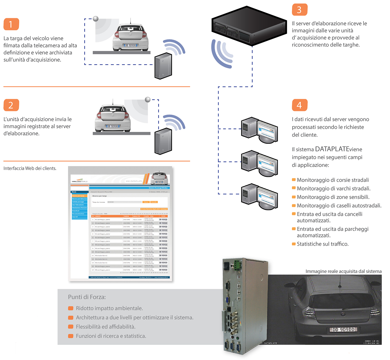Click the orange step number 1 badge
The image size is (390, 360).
(11, 24)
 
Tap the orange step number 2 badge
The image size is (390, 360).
(11, 105)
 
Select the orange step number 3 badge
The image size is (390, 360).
(300, 10)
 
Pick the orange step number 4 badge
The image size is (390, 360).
(300, 105)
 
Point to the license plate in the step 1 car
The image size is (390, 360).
(131, 45)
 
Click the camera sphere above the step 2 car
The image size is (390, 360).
(148, 100)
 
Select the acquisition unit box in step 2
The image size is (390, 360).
(163, 141)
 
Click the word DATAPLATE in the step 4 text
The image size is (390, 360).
(332, 149)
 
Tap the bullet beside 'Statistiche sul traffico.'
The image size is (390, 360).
(294, 244)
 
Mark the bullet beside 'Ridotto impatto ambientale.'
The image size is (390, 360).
(71, 308)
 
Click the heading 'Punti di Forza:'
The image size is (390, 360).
(87, 297)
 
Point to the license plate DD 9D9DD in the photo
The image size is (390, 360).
(343, 330)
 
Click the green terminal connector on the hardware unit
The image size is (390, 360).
(238, 265)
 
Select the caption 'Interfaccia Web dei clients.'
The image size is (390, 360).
(30, 168)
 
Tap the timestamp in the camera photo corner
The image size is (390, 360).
(372, 342)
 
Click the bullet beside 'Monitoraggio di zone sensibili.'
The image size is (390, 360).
(294, 197)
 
